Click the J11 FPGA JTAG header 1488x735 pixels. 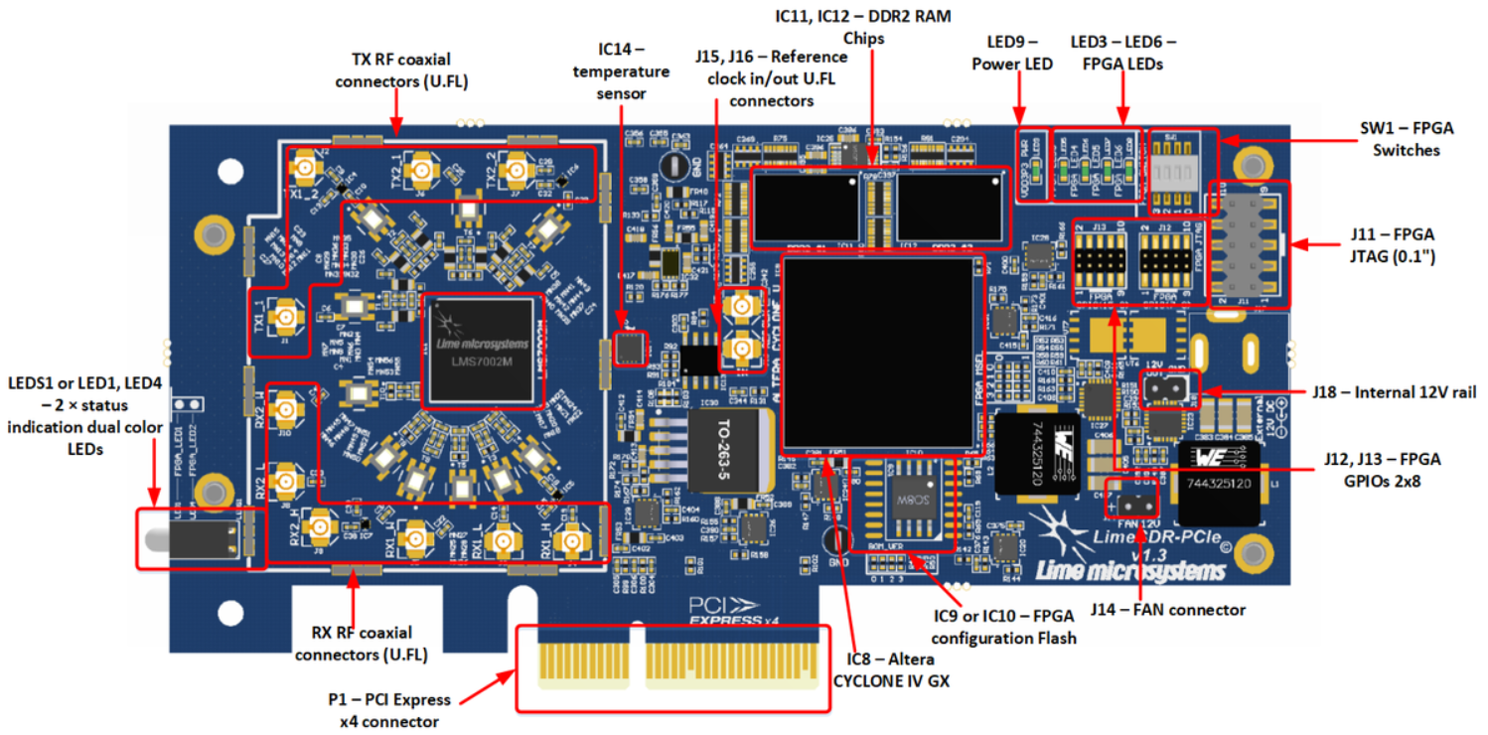click(x=1248, y=244)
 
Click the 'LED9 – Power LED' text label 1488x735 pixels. click(x=1011, y=54)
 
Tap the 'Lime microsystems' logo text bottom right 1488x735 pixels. click(x=1127, y=570)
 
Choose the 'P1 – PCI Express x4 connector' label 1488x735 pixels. click(x=388, y=710)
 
